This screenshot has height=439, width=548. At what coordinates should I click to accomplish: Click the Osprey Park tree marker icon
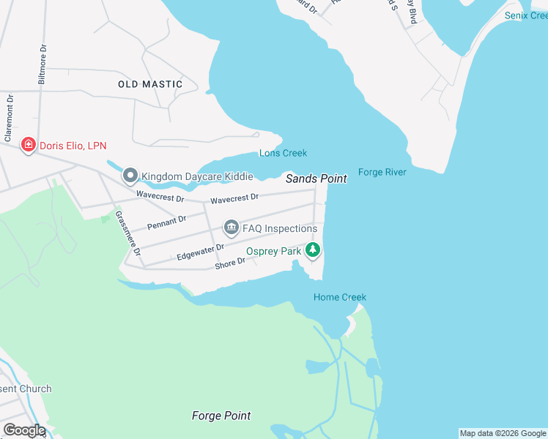click(314, 250)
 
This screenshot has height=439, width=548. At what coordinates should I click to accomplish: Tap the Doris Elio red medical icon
click(29, 146)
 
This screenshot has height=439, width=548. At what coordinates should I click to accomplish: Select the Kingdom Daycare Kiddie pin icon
click(130, 176)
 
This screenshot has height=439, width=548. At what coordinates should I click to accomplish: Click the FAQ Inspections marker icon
click(232, 228)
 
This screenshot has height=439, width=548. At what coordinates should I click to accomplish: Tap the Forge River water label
click(382, 173)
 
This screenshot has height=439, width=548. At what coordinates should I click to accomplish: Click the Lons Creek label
click(283, 153)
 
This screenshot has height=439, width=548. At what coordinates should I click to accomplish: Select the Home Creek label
click(340, 297)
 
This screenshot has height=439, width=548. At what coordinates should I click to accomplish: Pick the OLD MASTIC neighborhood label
click(150, 84)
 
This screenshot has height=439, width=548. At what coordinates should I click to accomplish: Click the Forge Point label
click(221, 416)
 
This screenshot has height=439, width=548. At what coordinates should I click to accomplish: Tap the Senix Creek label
click(525, 15)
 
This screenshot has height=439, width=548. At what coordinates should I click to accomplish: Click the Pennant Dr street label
click(166, 222)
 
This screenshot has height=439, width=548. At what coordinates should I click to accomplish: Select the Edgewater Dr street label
click(200, 252)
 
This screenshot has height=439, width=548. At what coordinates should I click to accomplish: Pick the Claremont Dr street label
click(10, 118)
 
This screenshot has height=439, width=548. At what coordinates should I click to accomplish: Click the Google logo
click(23, 430)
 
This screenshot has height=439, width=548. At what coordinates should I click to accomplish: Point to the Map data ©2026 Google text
click(503, 433)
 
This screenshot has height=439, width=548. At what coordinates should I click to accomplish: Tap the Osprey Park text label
click(274, 251)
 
